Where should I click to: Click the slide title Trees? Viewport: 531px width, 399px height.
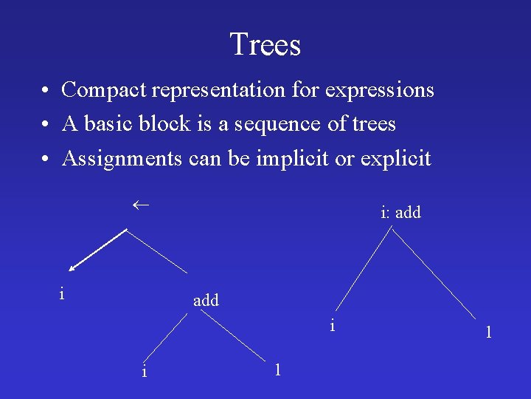pos(265,44)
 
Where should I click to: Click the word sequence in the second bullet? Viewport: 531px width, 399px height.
pos(284,124)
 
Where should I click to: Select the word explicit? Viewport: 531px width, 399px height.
pos(395,158)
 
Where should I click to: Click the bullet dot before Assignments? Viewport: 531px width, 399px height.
pos(46,159)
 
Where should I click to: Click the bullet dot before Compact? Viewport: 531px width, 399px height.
pos(46,91)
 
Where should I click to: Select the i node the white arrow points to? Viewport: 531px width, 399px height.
pos(62,293)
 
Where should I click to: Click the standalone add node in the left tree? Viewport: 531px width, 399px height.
pos(206,301)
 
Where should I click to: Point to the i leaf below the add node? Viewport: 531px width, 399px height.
pos(144,371)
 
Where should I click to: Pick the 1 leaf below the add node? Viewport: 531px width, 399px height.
pos(277,369)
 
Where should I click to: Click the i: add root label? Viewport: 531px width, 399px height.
pos(400,213)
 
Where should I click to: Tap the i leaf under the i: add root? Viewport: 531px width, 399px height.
pos(333,324)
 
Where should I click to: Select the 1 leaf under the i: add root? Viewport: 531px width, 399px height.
pos(488,332)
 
